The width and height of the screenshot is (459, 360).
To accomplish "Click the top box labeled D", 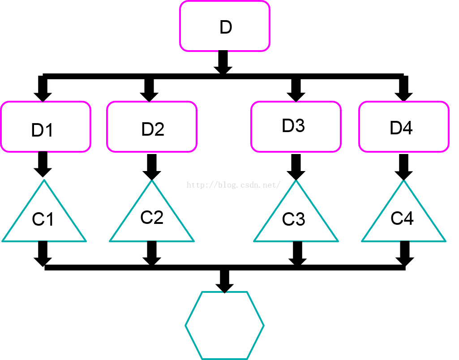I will coord(224,26).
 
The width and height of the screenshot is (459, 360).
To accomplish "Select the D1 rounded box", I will coord(46,127).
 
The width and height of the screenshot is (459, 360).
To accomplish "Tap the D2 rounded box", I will coord(152,127).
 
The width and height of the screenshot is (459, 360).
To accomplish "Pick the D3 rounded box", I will coord(296,126).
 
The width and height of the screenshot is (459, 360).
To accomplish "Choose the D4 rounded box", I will coord(403,127).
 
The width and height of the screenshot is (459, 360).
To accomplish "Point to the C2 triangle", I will coord(152,218).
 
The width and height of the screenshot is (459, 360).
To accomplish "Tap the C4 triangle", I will coord(403,218).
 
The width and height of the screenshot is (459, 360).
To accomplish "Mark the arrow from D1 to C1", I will coord(43,164).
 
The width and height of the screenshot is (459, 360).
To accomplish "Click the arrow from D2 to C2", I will coord(152,167).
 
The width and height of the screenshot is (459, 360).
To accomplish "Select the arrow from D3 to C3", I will coord(296,167).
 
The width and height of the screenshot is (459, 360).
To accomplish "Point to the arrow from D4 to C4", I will coord(403,167).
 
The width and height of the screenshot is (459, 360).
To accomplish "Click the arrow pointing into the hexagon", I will coord(224,281).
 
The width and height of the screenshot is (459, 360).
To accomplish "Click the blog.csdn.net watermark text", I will coord(233,184).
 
